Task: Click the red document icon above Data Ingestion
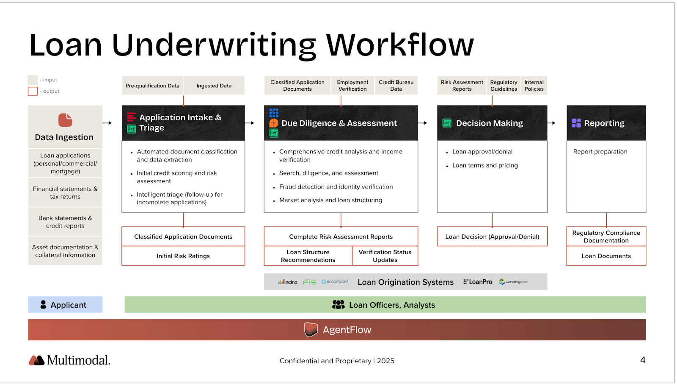point(65,120)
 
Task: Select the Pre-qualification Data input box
point(152,86)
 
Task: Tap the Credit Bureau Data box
point(396,86)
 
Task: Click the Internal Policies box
point(534,86)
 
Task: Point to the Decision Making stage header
point(492,123)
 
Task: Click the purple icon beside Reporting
point(576,123)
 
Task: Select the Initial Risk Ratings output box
point(183,256)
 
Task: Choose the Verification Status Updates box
point(385,256)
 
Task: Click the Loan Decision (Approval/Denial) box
point(492,237)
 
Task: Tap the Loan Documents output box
point(606,256)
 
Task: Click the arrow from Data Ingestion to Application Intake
point(107,123)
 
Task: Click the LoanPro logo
point(478,282)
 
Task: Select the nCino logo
point(288,282)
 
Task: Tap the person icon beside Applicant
point(43,305)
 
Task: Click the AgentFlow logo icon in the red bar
point(311,329)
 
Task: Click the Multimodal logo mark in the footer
point(37,360)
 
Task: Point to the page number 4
point(643,360)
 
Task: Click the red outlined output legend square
point(33,91)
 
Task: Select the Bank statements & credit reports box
point(65,222)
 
